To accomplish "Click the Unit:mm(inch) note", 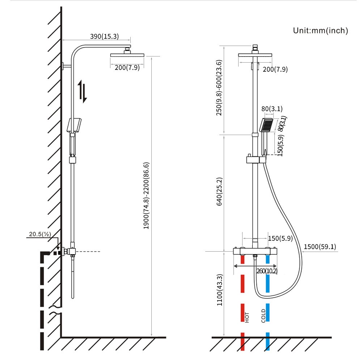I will coord(320,31).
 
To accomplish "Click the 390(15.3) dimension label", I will coord(104,36).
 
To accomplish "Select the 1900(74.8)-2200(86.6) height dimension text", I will coord(146,195).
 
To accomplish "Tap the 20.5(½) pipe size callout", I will coord(39,234).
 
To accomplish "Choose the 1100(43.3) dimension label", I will coord(219,290).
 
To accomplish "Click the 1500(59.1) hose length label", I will coord(320,247).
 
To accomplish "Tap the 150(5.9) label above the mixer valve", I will coord(281,238).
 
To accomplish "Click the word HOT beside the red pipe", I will coord(247,317).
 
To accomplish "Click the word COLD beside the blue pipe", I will coord(263,316).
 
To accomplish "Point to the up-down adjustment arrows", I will coord(83,92).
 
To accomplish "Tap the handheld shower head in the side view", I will coord(74,125).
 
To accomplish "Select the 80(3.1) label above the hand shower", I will coord(271,109).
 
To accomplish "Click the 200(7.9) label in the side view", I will coord(127,67).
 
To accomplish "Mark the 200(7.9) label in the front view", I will coord(275,69).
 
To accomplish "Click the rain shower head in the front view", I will coord(256,55).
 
